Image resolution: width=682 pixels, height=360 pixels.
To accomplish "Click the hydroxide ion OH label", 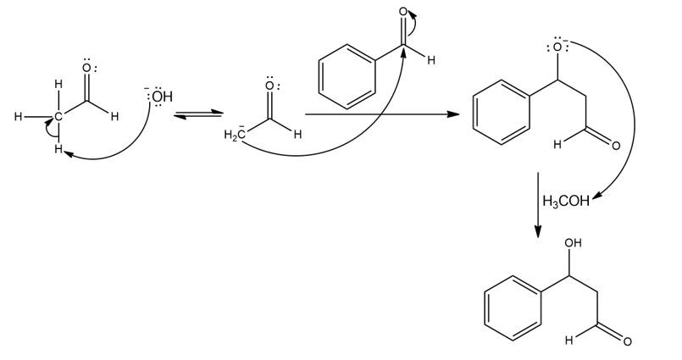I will pos(161,97).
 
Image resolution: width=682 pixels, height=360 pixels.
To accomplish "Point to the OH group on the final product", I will pos(574,244).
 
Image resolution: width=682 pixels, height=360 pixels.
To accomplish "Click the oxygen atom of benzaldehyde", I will pos(404,12).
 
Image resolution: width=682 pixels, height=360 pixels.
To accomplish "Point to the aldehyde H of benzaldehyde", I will pos(431,60).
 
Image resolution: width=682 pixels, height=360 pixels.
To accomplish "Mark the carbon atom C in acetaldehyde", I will pos(58,117).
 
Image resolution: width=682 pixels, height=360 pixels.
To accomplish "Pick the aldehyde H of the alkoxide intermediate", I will pos(557,145).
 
